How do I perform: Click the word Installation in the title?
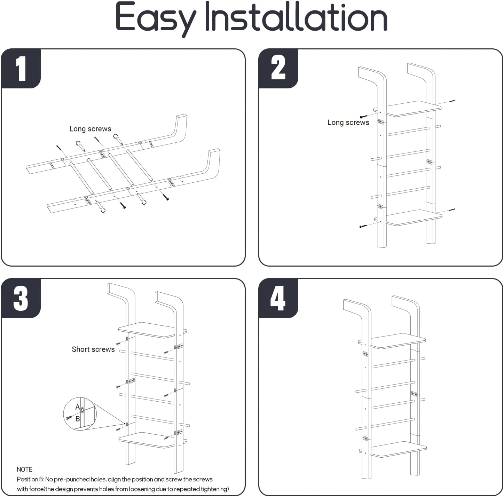296,17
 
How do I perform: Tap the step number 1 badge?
21,69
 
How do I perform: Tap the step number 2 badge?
278,69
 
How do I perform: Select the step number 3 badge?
21,298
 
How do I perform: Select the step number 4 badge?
278,298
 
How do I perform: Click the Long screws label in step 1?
90,129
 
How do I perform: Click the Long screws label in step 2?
348,123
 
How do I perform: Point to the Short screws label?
93,349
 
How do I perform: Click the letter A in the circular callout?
78,407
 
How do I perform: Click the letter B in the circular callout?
78,419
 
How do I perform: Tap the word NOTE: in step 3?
25,470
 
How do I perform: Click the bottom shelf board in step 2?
414,217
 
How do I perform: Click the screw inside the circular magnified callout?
69,417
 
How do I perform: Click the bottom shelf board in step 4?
398,449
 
